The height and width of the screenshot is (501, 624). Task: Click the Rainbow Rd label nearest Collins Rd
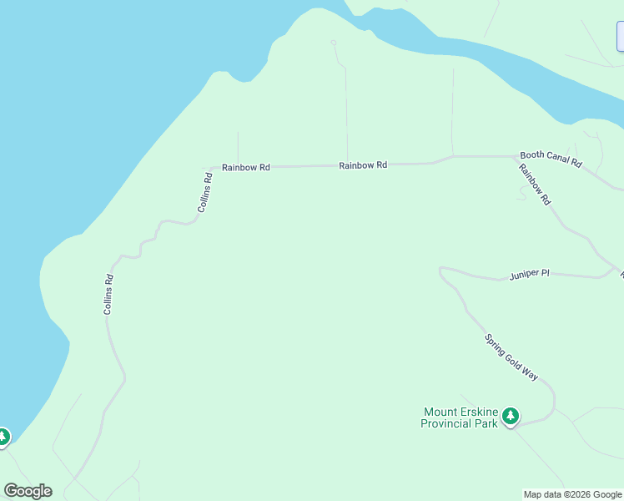[x=246, y=167]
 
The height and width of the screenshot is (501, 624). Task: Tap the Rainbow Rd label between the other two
[x=363, y=165]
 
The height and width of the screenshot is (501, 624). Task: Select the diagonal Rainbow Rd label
[x=534, y=185]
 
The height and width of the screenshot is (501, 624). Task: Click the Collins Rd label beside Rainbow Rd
[x=206, y=192]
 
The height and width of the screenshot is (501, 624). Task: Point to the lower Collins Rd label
[x=108, y=295]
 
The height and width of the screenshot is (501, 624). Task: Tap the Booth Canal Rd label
[x=551, y=159]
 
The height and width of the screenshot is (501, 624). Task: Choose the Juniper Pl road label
[x=530, y=274]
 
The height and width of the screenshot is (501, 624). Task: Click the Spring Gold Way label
[x=511, y=357]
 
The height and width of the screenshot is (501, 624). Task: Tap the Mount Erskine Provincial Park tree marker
[x=511, y=415]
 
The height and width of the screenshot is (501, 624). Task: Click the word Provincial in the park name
[x=449, y=423]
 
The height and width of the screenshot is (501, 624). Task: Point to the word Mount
[x=440, y=412]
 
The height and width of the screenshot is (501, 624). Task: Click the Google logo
[x=28, y=491]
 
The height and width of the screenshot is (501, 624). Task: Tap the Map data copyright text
[x=572, y=494]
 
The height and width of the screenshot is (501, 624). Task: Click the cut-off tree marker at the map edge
[x=3, y=437]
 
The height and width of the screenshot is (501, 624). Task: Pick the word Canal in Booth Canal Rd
[x=552, y=159]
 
